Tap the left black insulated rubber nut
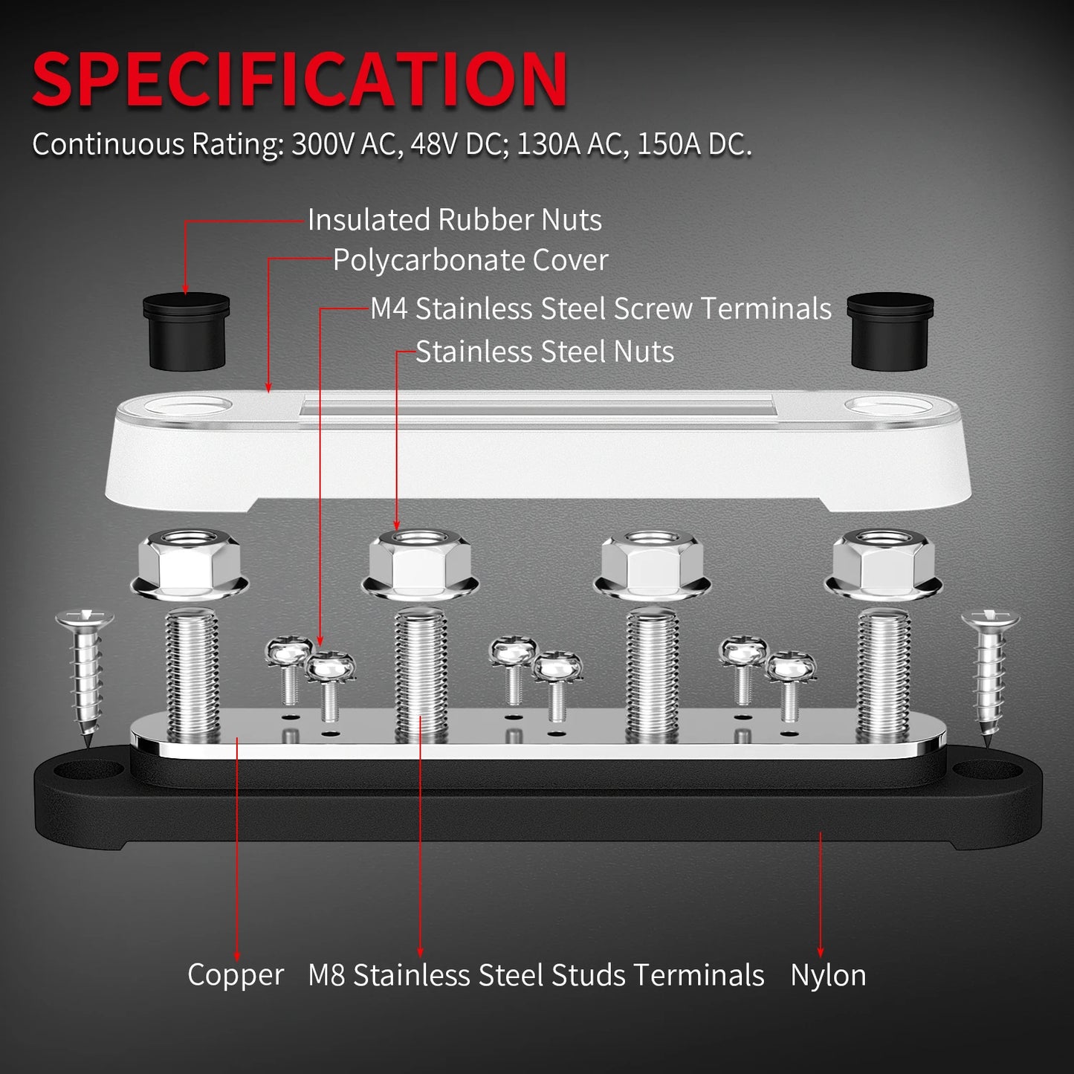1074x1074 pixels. pos(186,331)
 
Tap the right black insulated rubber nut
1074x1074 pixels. pos(890,331)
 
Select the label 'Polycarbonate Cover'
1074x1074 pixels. pos(470,260)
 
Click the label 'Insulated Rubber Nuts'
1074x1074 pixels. pos(454,220)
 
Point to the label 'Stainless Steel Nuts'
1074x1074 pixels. pos(545,352)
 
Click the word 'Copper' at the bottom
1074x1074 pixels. pos(236,975)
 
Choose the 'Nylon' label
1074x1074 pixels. pos(828,975)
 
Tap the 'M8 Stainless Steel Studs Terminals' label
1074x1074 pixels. pos(536,975)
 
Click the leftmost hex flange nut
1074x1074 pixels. pos(189,563)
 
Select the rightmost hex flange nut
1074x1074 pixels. pos(884,563)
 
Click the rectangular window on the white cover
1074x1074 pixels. pos(537,408)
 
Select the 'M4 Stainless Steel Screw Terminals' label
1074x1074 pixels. pos(601,309)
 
